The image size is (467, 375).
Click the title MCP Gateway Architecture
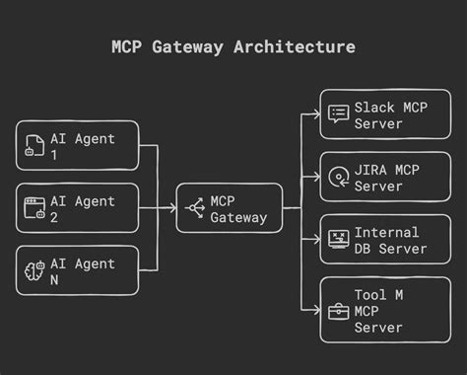233,46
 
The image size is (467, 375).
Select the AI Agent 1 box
77,145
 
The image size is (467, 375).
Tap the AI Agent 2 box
77,208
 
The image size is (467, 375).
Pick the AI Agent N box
77,271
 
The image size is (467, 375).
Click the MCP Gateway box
229,208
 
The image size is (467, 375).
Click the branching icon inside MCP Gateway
195,208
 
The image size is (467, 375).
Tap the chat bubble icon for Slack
338,114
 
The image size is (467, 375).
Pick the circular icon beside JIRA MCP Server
338,178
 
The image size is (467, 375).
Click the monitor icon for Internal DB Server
338,240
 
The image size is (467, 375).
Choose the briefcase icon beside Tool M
338,312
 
